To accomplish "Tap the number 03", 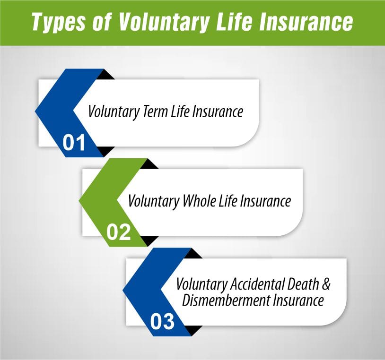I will click(162, 322).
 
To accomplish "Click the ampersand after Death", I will click(325, 285).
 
